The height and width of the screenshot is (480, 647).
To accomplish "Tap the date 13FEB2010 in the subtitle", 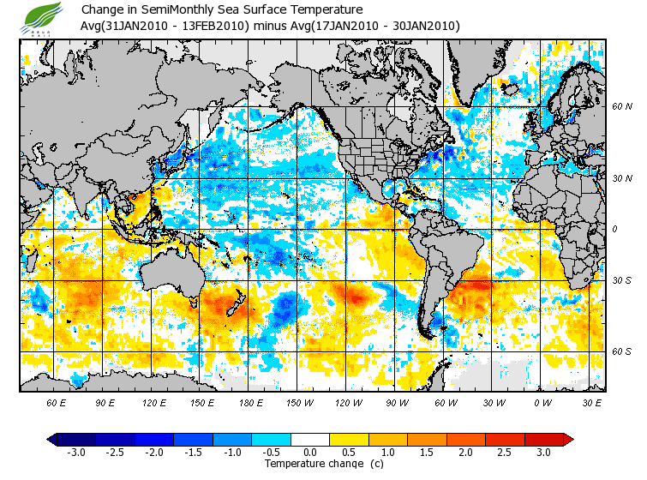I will point(217,27).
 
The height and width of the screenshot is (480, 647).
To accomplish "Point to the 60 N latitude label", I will point(621,106).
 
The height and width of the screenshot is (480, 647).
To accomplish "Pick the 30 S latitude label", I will point(621,281).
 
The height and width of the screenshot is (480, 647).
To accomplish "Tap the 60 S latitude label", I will point(621,351).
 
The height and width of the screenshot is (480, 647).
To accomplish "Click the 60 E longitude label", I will point(56,402).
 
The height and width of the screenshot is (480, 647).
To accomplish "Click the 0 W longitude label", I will point(542,402).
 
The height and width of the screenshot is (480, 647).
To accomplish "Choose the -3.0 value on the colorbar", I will point(76,452).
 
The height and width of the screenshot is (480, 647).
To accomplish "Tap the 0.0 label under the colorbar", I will point(311,452).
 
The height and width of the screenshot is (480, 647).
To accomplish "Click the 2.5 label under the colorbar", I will point(506,452).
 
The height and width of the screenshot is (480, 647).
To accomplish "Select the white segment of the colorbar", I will point(311,439).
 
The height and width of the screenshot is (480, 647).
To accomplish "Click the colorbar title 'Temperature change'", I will point(312,464).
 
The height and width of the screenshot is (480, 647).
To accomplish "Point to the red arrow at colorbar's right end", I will point(567,439).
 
